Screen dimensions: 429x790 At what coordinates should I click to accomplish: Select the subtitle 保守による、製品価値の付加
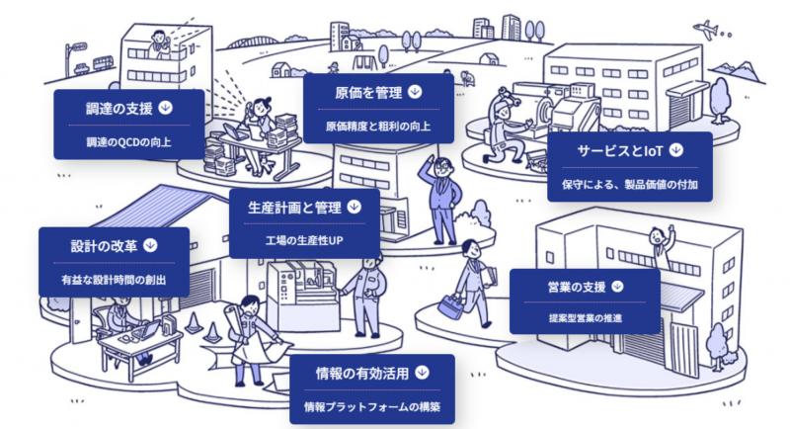629,184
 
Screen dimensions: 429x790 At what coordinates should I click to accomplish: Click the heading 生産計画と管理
293,208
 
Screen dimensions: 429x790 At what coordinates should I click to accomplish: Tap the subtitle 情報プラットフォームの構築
371,406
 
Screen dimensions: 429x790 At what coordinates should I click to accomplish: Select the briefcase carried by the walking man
451,305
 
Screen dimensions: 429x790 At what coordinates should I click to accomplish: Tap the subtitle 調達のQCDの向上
129,142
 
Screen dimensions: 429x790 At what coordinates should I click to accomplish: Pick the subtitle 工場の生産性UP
303,240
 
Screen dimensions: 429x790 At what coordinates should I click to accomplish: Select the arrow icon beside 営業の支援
618,287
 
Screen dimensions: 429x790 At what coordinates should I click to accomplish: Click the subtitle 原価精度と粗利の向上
378,127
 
